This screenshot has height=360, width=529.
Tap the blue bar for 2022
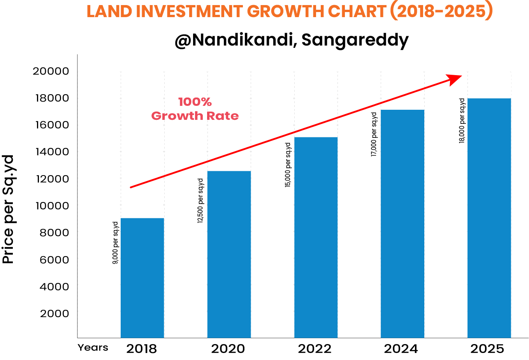click(316, 237)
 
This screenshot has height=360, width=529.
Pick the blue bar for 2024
click(402, 223)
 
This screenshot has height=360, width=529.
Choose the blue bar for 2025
click(489, 218)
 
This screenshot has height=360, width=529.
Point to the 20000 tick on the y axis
click(51, 71)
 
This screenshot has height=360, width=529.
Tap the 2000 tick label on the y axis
click(54, 313)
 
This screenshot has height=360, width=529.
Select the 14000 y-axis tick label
click(52, 152)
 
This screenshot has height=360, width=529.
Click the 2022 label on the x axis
click(315, 349)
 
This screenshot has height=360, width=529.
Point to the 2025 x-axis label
click(487, 349)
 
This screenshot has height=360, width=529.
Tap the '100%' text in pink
click(195, 102)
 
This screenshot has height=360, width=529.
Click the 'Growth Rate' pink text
click(195, 116)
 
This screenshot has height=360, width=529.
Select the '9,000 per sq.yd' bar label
click(116, 243)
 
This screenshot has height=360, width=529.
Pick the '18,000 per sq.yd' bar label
click(462, 121)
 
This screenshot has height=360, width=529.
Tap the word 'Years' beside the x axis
click(93, 348)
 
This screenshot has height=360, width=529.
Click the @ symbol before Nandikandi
click(182, 40)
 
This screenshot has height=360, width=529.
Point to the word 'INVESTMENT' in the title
click(191, 12)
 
